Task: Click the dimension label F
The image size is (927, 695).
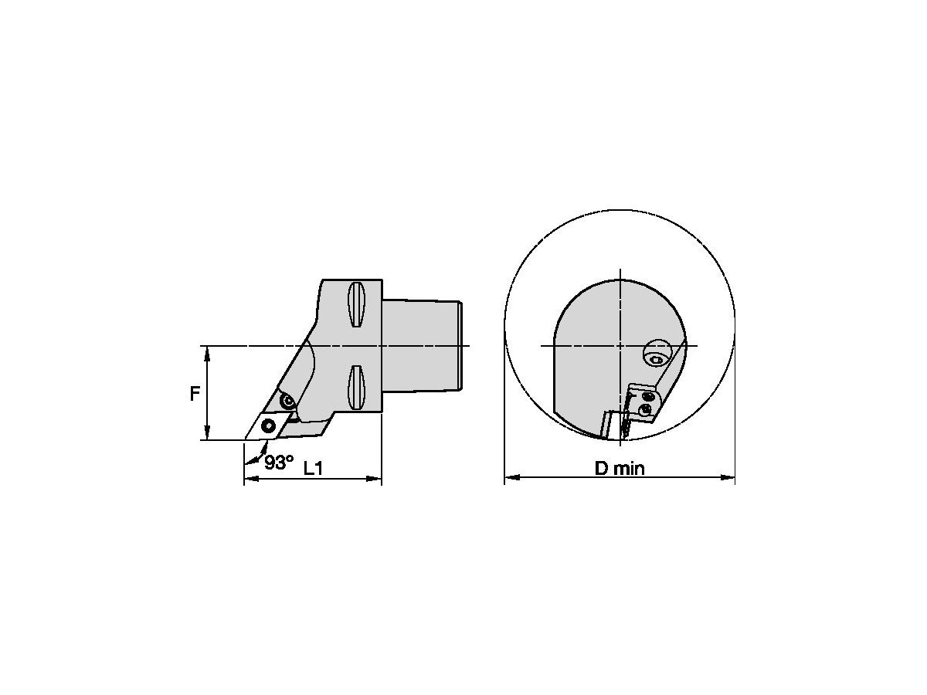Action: coord(195,394)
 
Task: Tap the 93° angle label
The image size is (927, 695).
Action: coord(279,463)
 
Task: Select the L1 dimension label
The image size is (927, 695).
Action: coord(314,468)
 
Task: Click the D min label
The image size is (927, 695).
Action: coord(620,468)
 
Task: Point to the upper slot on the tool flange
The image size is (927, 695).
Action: coord(356,303)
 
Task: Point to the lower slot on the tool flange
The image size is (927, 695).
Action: coord(356,388)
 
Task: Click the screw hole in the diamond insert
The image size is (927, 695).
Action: coord(268,425)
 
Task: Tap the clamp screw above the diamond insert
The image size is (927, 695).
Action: coord(288,401)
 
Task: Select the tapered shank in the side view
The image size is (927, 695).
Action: coord(422,346)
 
